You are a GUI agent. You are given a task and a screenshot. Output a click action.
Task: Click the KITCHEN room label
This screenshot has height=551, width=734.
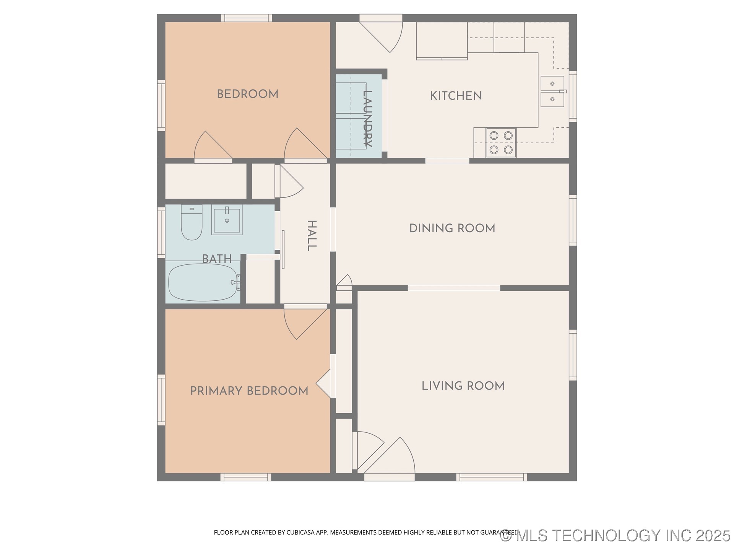(x=456, y=96)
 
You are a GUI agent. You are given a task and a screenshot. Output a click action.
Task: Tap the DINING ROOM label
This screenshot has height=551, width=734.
(x=452, y=228)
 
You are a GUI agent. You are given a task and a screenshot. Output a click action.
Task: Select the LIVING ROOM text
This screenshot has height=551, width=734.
(x=463, y=386)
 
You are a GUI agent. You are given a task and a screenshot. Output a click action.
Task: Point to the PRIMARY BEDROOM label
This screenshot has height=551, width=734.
(x=249, y=391)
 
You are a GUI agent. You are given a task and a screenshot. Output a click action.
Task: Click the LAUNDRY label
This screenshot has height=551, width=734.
(x=367, y=118)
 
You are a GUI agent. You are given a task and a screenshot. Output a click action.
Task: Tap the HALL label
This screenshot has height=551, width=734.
(x=312, y=235)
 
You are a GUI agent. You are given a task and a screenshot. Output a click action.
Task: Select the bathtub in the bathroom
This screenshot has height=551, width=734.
(x=203, y=282)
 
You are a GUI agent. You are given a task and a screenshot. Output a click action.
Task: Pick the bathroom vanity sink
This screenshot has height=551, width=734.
(x=227, y=220)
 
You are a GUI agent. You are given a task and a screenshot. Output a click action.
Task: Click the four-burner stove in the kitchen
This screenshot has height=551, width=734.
(x=501, y=142)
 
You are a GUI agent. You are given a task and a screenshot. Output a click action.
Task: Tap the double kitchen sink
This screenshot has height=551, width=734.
(x=552, y=91)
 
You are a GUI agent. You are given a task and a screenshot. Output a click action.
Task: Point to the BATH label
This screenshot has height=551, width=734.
(x=217, y=259)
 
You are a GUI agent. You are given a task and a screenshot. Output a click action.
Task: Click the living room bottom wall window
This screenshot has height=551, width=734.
(x=491, y=477)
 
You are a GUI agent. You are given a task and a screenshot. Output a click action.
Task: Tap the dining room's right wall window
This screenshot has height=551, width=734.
(x=573, y=220)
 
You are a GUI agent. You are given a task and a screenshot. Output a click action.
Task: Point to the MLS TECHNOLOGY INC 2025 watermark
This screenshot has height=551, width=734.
(x=615, y=535)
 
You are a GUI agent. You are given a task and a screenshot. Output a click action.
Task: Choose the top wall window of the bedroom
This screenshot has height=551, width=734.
(x=246, y=18)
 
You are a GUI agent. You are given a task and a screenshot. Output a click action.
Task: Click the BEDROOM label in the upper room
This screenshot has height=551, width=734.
(x=247, y=94)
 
